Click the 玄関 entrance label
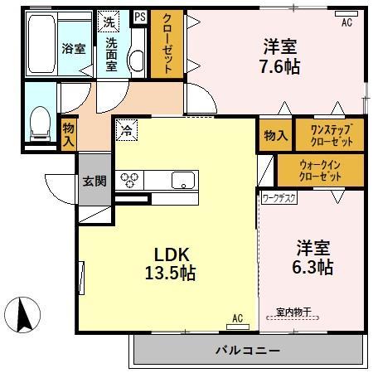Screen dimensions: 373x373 coord(93,182)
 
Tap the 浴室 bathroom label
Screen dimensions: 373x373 coord(73,49)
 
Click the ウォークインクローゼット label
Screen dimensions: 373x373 coord(320,171)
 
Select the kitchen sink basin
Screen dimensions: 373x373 coord(183,180)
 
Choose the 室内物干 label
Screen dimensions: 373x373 coord(293,313)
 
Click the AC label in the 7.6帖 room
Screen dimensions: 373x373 coord(346,23)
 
